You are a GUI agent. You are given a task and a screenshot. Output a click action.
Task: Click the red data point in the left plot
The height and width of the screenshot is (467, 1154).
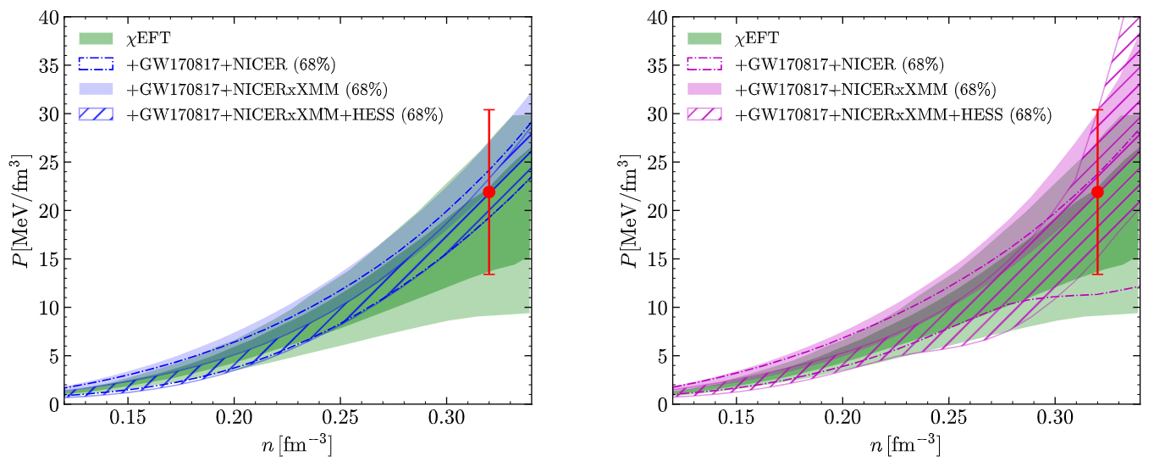pos(489,192)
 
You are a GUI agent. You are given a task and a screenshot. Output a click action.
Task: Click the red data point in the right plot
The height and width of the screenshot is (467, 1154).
pos(1097,192)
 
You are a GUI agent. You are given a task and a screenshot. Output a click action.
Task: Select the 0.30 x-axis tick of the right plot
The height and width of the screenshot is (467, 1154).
pos(1055,417)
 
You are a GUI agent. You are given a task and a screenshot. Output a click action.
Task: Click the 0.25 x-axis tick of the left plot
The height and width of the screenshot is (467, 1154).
pos(340,417)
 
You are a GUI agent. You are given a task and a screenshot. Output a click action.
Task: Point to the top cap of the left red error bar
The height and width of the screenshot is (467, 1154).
pos(489,109)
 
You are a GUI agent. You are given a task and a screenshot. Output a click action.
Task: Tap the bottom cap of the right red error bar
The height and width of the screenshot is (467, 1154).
pos(1097,274)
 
